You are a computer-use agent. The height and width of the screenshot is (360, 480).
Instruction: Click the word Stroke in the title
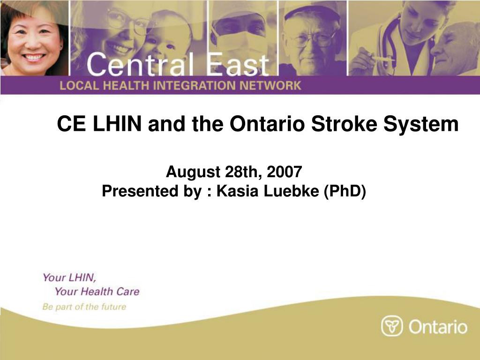(x=345, y=124)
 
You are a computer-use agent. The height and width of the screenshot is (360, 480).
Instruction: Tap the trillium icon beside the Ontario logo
(x=391, y=326)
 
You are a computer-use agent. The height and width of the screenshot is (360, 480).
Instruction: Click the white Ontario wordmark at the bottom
(x=438, y=327)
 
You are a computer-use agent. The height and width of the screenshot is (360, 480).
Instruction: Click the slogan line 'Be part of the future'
(x=84, y=307)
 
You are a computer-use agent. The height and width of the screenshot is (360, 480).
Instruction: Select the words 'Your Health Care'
(x=97, y=292)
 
